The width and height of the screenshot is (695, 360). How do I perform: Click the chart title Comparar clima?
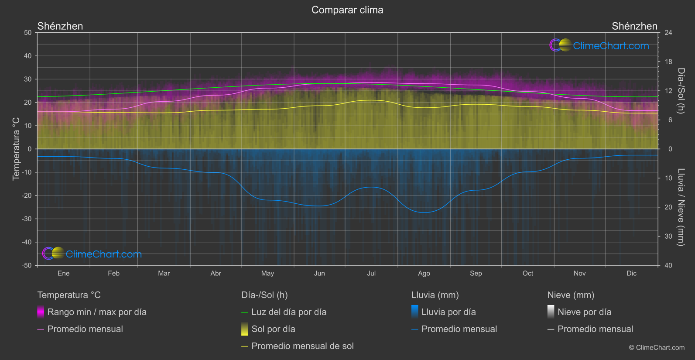click(x=347, y=10)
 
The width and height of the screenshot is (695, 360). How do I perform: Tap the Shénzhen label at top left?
click(x=60, y=26)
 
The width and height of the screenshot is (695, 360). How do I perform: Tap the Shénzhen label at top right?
click(x=634, y=26)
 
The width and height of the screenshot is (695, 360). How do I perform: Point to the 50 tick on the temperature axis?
click(x=28, y=33)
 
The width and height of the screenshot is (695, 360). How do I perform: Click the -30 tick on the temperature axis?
click(x=27, y=219)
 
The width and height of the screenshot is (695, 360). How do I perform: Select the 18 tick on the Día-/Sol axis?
click(x=668, y=62)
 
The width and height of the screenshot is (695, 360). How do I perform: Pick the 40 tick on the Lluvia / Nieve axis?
click(x=668, y=265)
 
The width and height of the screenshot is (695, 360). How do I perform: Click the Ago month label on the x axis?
click(x=424, y=274)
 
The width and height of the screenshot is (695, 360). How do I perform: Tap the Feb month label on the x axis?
click(x=114, y=274)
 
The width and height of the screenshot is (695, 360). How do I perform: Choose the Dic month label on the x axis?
click(x=632, y=274)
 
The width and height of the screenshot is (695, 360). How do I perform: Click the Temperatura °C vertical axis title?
click(x=16, y=149)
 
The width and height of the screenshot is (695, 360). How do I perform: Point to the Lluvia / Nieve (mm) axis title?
click(x=681, y=207)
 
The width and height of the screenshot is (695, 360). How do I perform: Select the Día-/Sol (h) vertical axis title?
click(x=681, y=91)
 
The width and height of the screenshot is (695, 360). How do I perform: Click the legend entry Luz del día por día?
click(x=289, y=312)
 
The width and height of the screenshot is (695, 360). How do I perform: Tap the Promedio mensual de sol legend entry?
click(x=302, y=346)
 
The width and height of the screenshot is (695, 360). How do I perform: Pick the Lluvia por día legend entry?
click(x=448, y=312)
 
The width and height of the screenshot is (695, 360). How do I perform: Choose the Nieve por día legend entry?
click(x=584, y=312)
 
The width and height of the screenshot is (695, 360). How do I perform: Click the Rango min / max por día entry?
click(x=97, y=312)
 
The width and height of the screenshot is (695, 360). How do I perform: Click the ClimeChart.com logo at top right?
click(x=599, y=45)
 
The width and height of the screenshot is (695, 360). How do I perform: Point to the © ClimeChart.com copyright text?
click(x=657, y=348)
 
